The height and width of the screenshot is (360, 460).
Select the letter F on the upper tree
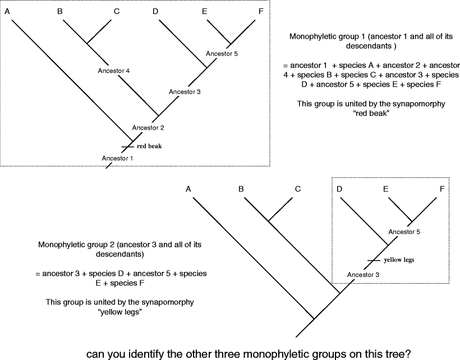254,10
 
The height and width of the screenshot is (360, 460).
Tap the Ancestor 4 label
114,71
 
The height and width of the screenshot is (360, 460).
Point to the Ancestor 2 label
148,127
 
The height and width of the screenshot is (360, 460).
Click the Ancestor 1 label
118,158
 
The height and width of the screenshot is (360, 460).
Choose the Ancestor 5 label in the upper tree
222,54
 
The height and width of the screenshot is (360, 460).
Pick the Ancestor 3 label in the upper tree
185,91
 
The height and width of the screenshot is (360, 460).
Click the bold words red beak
149,146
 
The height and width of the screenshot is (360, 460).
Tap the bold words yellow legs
399,260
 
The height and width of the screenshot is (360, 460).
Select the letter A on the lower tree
189,189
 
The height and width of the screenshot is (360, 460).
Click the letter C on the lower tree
298,189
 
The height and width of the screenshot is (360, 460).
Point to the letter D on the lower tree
339,189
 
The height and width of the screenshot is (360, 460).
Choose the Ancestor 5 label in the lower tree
404,231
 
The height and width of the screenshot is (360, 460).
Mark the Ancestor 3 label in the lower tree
363,274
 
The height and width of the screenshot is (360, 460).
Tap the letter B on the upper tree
60,10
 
